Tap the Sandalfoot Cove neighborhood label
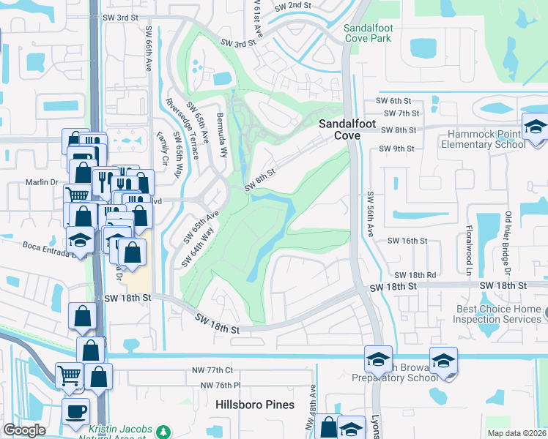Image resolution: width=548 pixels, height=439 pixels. pyautogui.click(x=338, y=130)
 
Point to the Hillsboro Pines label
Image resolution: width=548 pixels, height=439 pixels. pyautogui.click(x=255, y=404)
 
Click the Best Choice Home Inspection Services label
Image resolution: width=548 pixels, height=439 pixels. pyautogui.click(x=498, y=314)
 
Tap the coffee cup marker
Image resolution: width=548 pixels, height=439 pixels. pyautogui.click(x=75, y=410)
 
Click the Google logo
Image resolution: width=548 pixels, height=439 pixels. pyautogui.click(x=25, y=430)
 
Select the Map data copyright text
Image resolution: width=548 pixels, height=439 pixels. pyautogui.click(x=516, y=433)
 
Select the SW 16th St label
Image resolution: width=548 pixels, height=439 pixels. pyautogui.click(x=407, y=240)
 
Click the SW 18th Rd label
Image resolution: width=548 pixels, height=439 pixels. pyautogui.click(x=415, y=274)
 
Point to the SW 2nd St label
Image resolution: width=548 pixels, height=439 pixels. pyautogui.click(x=293, y=6)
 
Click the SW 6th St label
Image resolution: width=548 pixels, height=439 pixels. pyautogui.click(x=393, y=100)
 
